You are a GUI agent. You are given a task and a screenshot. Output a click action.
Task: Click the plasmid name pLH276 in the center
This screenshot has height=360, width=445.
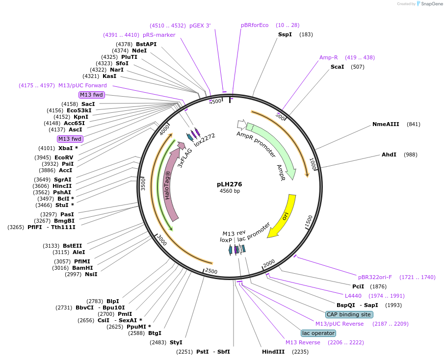point(229,184)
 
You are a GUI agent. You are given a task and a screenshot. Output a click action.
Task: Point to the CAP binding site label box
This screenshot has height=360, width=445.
point(349,314)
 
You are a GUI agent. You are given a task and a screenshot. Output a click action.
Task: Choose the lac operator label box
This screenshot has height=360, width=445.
point(318,333)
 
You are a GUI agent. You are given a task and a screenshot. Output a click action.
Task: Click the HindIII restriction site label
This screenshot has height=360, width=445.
point(273,352)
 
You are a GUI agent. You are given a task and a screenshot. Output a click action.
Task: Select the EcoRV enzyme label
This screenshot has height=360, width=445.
point(64,157)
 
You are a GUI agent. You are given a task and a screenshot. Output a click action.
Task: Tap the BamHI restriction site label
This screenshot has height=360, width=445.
point(82,268)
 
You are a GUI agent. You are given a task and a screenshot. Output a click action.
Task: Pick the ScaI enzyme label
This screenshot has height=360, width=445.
point(337,67)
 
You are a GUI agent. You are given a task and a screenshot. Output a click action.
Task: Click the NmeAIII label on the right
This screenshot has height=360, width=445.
point(386,124)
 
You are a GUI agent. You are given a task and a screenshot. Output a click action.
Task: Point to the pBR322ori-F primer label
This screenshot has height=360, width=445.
point(375,277)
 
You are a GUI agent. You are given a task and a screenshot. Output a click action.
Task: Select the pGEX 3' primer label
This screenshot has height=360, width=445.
point(200,26)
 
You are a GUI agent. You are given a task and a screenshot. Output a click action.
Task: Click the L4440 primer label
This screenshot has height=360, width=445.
point(353,296)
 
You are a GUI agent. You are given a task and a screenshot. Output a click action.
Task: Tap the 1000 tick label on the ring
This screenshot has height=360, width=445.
point(313,164)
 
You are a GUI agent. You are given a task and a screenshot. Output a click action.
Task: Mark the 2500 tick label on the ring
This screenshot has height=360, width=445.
point(211,271)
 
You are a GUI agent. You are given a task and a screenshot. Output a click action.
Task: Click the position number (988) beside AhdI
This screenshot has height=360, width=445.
point(410,154)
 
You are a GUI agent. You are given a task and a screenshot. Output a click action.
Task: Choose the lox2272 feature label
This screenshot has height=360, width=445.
point(205,140)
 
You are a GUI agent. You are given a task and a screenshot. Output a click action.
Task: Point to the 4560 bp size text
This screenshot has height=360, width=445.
point(230,191)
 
